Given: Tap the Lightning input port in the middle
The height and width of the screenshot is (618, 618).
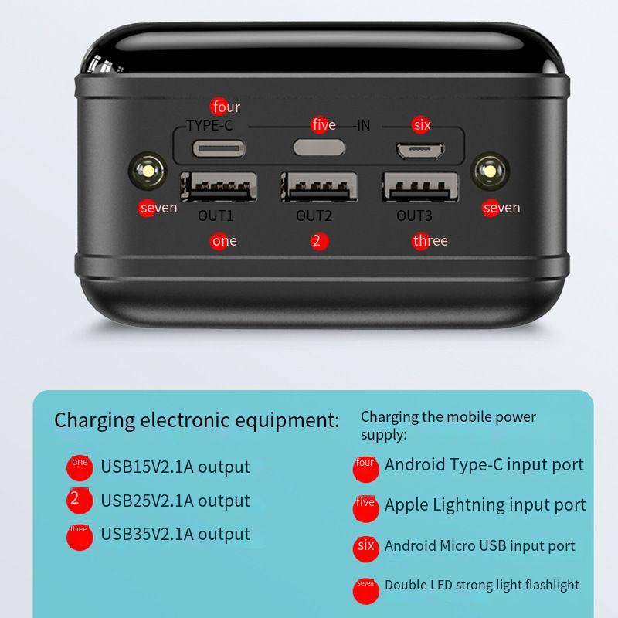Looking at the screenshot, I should [314, 147].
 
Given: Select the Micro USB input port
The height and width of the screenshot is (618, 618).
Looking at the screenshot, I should [418, 149].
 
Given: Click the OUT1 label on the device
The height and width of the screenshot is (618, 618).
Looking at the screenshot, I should [216, 216].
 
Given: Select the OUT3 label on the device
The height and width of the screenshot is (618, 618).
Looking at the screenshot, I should [414, 216].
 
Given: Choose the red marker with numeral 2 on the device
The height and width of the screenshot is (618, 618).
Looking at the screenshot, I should [317, 241].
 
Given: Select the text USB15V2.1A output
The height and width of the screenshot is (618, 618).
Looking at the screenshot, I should [175, 467].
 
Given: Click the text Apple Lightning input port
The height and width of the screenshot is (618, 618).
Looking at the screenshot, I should [485, 505].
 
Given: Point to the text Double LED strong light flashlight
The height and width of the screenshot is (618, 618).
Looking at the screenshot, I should [482, 585].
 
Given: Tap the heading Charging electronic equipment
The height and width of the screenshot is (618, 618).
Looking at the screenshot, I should [196, 421].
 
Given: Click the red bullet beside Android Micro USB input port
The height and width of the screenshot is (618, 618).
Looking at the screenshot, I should [365, 548].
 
